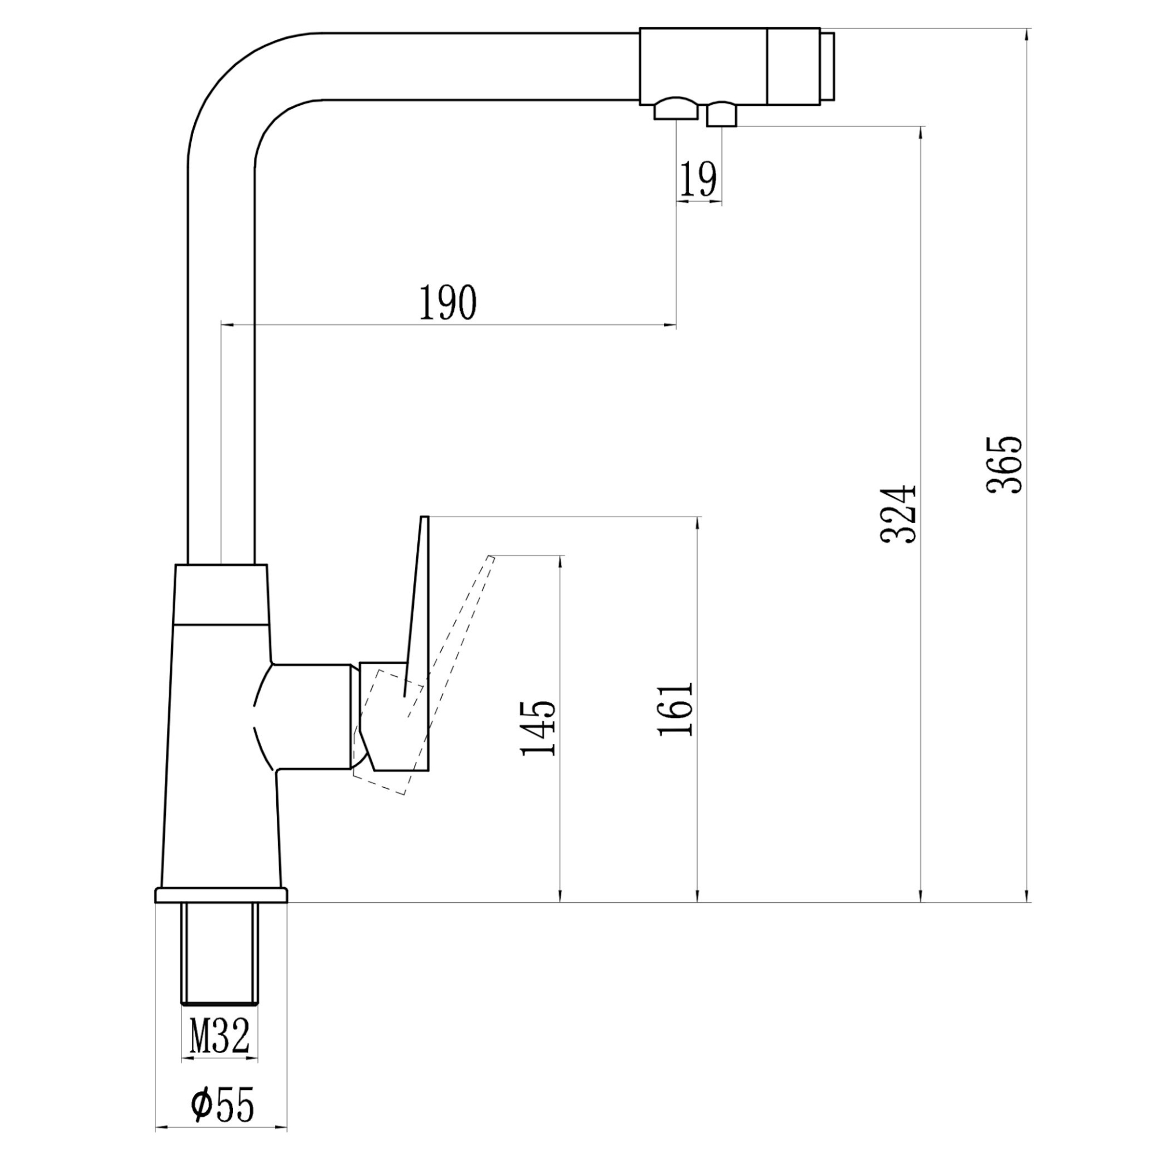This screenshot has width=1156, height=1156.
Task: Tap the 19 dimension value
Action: tap(698, 180)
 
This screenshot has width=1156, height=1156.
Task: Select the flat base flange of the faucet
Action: tap(221, 912)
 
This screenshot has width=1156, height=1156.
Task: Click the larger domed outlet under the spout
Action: tap(676, 111)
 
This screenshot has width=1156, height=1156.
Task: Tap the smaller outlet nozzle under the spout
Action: tap(721, 115)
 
